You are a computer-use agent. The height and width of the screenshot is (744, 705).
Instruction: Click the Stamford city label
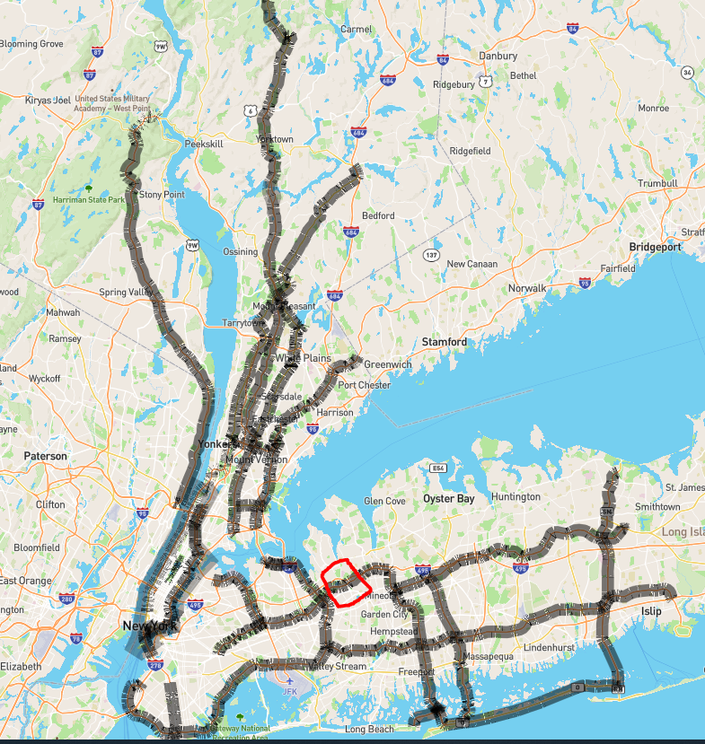[444, 342]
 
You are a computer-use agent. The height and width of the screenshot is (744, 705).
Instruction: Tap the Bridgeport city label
[655, 247]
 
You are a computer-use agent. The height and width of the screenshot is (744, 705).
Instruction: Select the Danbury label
[498, 56]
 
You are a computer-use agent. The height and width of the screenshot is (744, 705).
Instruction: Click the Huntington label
[516, 496]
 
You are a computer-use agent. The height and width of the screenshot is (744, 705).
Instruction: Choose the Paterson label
[45, 456]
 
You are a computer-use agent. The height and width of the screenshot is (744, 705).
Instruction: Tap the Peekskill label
[202, 144]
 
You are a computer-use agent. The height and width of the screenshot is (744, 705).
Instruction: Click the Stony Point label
[162, 194]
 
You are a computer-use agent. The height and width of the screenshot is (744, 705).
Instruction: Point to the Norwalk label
[526, 288]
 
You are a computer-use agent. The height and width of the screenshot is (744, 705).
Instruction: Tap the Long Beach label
[370, 730]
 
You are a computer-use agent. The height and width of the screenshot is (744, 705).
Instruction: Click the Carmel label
[356, 29]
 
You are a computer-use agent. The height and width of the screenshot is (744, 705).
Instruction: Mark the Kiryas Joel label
[48, 100]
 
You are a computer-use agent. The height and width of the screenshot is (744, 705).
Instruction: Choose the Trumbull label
[657, 183]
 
